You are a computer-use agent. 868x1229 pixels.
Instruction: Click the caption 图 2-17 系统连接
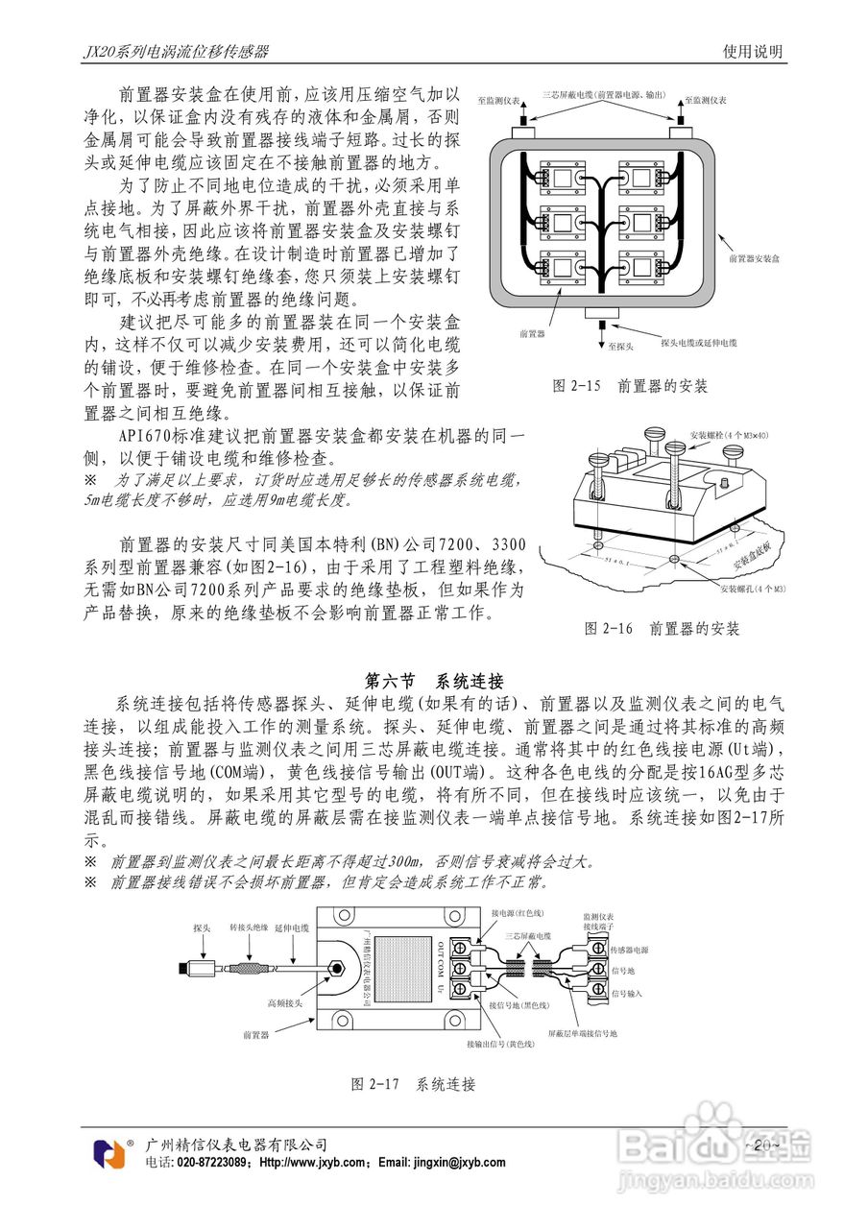(x=413, y=1084)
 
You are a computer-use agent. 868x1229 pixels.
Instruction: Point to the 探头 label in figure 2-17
(x=202, y=928)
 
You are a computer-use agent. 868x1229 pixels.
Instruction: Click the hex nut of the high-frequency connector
(x=336, y=965)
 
